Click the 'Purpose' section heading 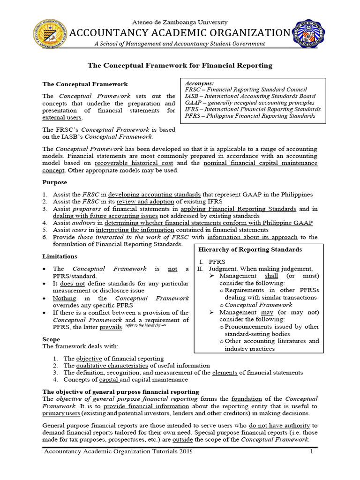(x=54, y=182)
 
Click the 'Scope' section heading (x=51, y=339)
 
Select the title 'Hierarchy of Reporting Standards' (x=250, y=249)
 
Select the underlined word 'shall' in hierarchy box (x=266, y=276)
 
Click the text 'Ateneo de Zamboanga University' (x=180, y=22)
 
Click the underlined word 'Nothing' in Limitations (x=64, y=298)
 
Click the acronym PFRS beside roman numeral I (x=217, y=261)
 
